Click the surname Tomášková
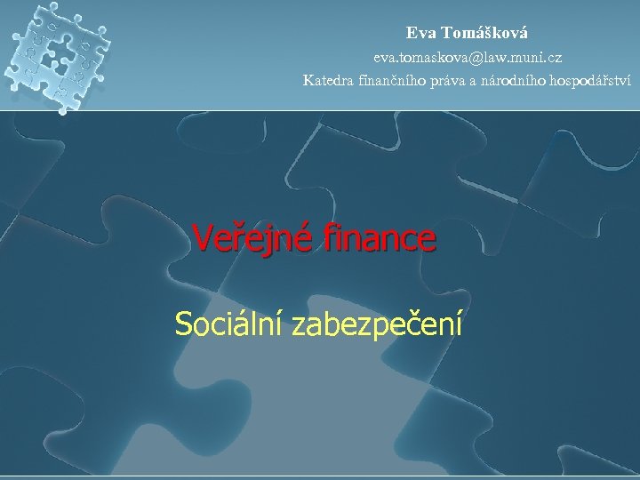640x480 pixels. pyautogui.click(x=484, y=33)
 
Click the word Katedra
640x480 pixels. pyautogui.click(x=327, y=82)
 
